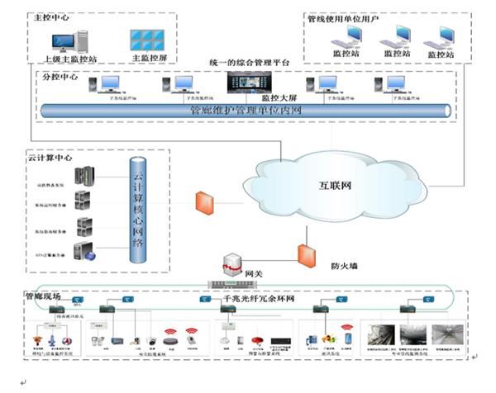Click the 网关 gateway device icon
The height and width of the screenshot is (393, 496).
point(228,265)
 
